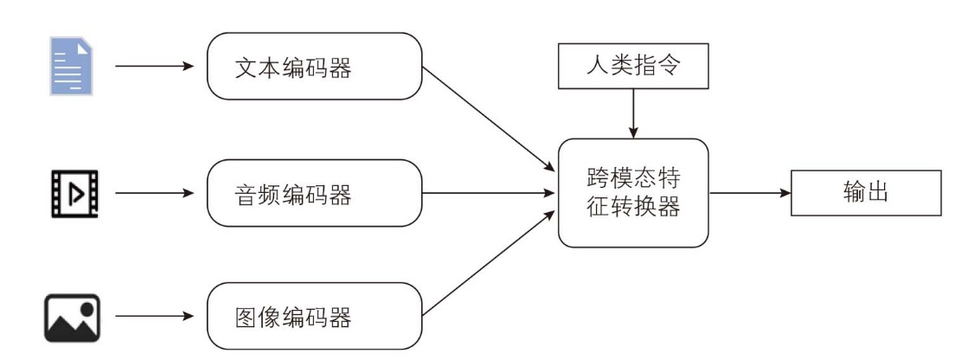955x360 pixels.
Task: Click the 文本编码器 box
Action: (314, 67)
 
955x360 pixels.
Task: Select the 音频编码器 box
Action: (314, 193)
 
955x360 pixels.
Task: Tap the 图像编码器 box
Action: (314, 316)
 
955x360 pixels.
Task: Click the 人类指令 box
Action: (633, 66)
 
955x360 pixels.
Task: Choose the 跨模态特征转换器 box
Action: (633, 193)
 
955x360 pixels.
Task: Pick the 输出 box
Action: (866, 193)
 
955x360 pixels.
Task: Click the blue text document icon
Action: (71, 66)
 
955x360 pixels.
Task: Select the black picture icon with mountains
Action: (72, 318)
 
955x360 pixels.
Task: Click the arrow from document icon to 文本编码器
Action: (154, 66)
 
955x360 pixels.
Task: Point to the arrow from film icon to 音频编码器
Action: (154, 193)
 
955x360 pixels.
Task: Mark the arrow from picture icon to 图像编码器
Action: (154, 316)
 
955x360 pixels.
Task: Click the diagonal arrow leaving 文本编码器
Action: (489, 119)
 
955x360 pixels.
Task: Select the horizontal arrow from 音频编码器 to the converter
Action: (489, 193)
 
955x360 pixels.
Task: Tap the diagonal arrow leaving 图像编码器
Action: (489, 263)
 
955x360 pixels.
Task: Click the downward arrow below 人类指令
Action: (633, 113)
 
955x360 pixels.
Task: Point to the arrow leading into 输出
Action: (750, 193)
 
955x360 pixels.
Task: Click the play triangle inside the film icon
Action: (77, 194)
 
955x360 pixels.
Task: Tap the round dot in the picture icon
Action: (87, 308)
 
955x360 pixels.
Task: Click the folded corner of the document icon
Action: (87, 42)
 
